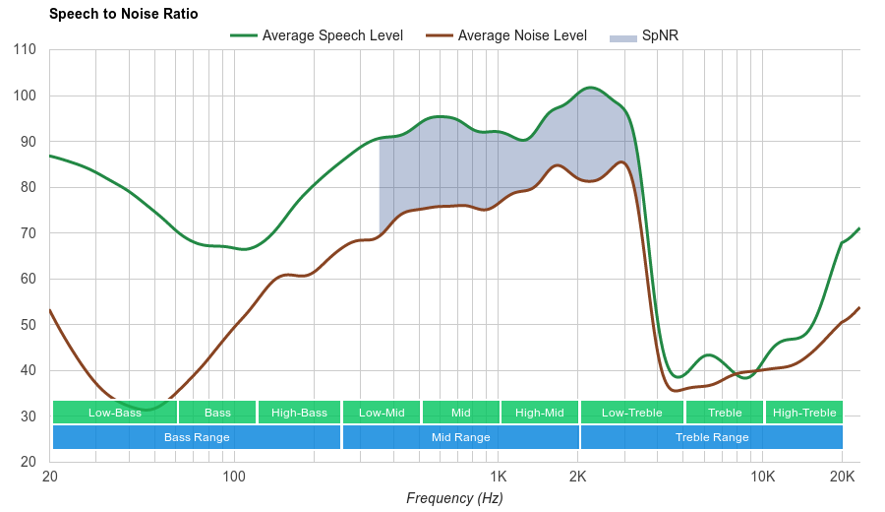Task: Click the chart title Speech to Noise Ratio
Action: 123,14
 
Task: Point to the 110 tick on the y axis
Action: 26,49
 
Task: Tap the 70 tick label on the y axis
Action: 29,233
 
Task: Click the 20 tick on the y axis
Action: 29,462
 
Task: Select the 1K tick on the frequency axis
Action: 498,477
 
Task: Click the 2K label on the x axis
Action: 578,477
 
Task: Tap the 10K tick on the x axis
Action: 762,477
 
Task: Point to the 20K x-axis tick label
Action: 842,477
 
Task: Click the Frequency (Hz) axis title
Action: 454,498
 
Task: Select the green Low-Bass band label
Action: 115,413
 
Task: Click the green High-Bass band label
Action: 299,413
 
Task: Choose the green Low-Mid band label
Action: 382,413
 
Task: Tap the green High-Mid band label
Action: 540,413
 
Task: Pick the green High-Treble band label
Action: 804,413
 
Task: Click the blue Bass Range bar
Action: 197,437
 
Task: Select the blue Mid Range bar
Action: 460,437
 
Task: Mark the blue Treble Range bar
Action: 712,437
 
